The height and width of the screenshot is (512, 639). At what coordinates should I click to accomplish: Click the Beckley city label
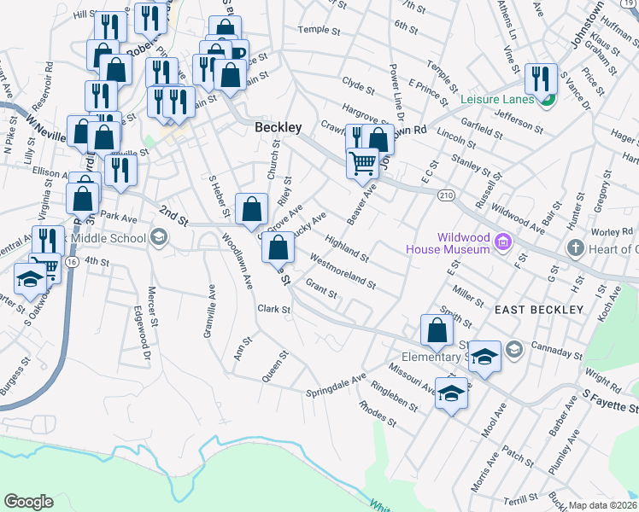tap(278, 127)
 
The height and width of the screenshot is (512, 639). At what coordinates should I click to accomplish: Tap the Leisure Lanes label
tap(497, 99)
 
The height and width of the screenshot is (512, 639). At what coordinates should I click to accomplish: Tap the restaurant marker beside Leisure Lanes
tap(541, 79)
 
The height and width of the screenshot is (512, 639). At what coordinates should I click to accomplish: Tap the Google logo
tap(28, 502)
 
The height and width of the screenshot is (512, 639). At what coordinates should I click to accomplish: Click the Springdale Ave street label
tap(336, 385)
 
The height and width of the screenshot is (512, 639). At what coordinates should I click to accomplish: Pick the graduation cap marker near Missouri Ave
tap(451, 393)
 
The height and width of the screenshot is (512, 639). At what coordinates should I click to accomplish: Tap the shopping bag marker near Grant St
tap(278, 248)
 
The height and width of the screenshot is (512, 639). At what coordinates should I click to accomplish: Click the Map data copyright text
tap(603, 505)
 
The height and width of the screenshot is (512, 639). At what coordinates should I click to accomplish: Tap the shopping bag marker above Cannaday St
tap(437, 329)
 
